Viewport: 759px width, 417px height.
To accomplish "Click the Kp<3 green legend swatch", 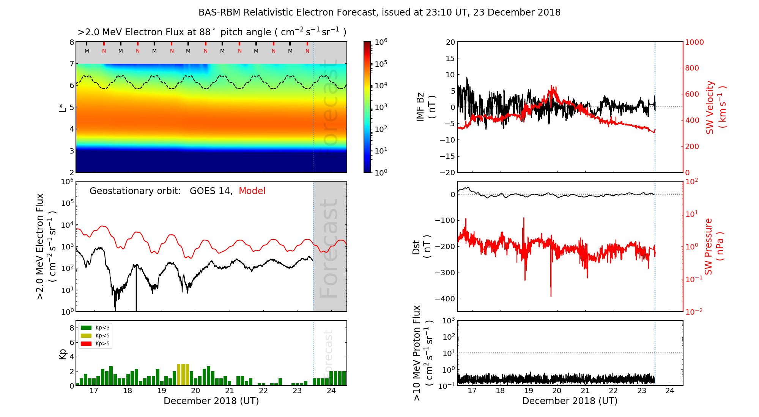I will point(86,328).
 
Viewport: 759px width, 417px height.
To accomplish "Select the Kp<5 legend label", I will point(102,336).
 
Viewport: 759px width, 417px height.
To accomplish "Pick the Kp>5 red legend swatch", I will point(86,344).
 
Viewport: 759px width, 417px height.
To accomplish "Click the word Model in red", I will point(252,191).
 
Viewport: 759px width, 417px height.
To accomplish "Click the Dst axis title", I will point(421,246).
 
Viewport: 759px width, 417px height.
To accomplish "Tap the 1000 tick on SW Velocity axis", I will point(694,42).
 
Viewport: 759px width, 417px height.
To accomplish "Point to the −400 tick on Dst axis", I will point(445,299).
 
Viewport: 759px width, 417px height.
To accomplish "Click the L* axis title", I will point(63,107).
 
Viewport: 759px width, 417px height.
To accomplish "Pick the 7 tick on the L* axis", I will point(72,64).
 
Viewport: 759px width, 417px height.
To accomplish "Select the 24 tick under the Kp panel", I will point(331,391).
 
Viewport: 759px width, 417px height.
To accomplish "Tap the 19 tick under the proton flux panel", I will point(529,391).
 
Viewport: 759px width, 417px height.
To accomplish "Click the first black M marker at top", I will point(87,51).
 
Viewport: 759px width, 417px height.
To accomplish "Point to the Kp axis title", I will point(63,354).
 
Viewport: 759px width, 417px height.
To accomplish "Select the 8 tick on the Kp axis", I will point(72,328).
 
